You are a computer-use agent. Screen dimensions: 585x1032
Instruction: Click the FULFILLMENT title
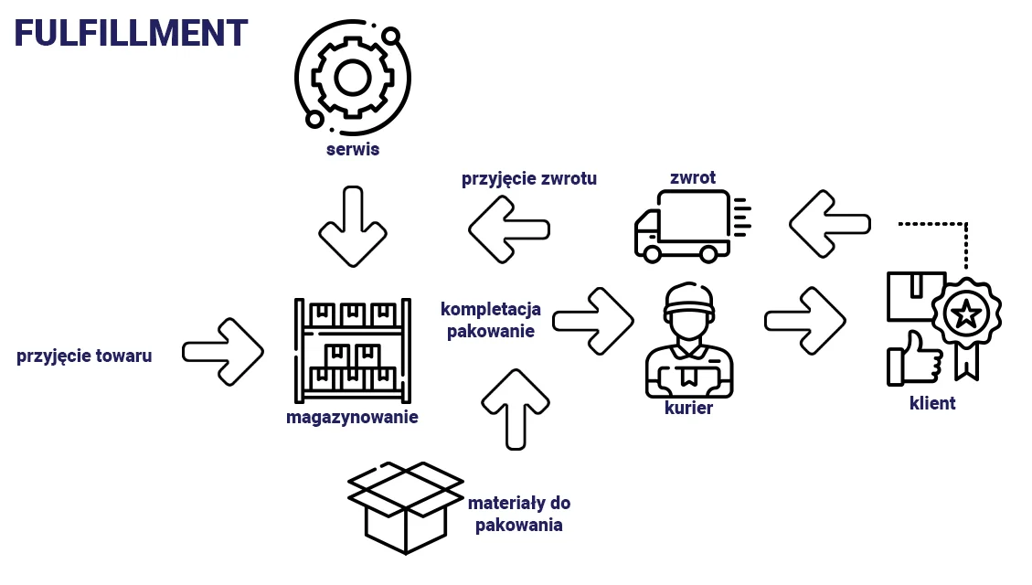[x=131, y=33]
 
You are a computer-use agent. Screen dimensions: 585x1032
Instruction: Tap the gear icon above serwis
[x=352, y=78]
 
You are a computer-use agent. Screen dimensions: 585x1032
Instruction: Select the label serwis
[x=352, y=148]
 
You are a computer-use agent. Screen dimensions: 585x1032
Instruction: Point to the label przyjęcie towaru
[x=84, y=356]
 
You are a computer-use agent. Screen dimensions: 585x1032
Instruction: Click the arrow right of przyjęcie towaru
[x=224, y=351]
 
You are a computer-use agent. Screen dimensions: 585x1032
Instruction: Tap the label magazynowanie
[x=352, y=418]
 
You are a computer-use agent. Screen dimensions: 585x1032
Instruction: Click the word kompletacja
[x=491, y=309]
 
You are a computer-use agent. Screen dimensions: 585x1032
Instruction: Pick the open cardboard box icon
[x=406, y=507]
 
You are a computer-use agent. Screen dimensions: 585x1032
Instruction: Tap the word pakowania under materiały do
[x=518, y=526]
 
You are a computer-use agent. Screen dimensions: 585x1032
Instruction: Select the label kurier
[x=689, y=409]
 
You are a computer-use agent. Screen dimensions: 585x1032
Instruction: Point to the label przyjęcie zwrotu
[x=529, y=178]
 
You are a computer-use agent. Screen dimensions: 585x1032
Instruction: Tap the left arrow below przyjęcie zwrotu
[x=509, y=228]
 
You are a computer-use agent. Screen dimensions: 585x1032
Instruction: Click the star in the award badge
[x=965, y=315]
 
